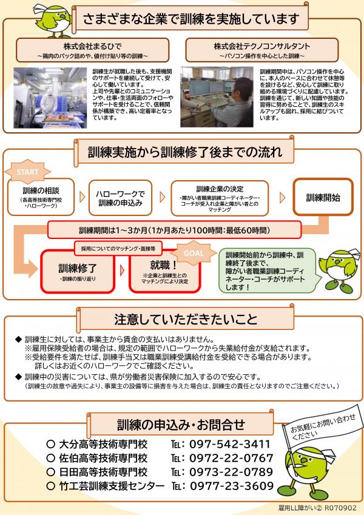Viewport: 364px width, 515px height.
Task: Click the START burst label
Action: click(27, 172)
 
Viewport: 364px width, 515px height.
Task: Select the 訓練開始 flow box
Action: click(323, 197)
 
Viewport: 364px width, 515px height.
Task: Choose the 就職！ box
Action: click(163, 271)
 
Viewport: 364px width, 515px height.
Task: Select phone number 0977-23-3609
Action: click(232, 486)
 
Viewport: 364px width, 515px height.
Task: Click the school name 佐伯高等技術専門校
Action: click(105, 457)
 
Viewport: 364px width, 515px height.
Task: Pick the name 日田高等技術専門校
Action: click(105, 472)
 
